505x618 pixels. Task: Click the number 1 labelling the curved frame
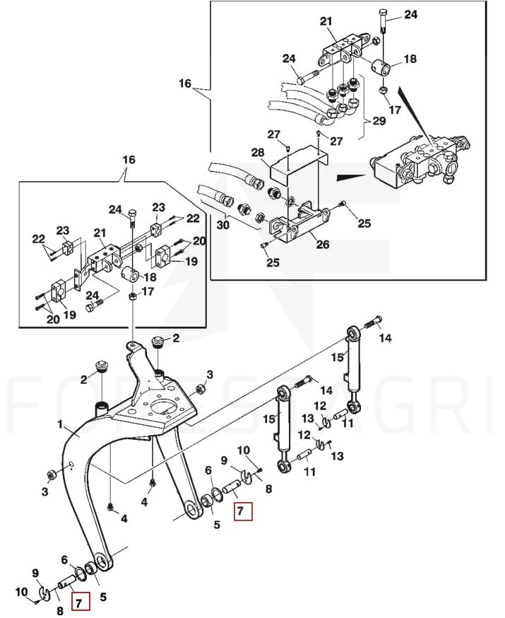coord(60,424)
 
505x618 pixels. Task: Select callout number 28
coord(258,152)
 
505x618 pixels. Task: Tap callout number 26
coord(323,245)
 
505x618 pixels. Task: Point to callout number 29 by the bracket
coord(379,121)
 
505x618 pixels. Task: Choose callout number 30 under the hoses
coord(222,225)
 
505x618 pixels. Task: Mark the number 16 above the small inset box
coord(129,160)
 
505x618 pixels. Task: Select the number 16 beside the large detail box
coord(185,83)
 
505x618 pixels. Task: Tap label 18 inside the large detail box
coord(410,59)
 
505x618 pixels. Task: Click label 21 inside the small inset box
coord(100,233)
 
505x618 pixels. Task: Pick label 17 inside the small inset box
coord(148,291)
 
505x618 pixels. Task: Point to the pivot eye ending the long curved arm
coord(102,562)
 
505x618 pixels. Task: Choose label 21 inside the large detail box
coord(326,21)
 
